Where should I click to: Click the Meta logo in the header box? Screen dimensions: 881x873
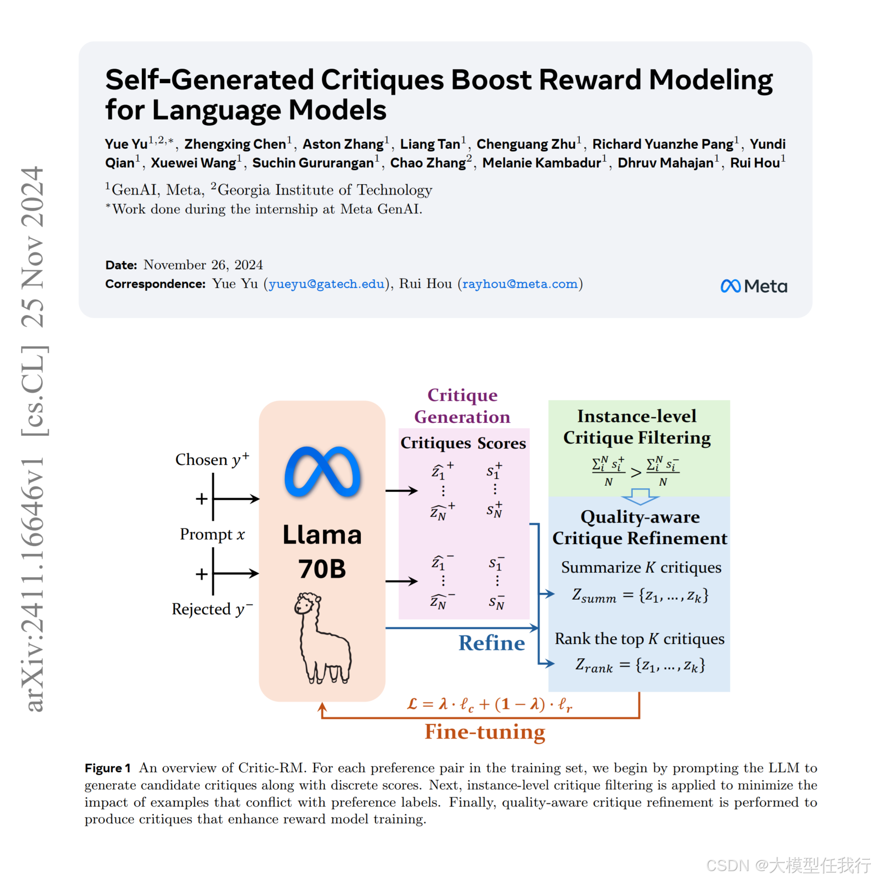tap(753, 286)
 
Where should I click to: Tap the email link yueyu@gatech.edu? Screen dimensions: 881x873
tap(327, 284)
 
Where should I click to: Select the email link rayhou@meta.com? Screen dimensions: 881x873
tap(520, 284)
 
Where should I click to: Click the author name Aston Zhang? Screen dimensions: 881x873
tap(343, 144)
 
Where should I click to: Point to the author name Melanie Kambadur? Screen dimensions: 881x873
tap(541, 163)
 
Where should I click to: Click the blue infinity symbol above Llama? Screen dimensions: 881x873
tap(322, 471)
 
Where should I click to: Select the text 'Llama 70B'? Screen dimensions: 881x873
tap(322, 551)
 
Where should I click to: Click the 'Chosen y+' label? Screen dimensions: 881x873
tap(212, 460)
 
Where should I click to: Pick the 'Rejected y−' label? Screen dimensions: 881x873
tap(212, 609)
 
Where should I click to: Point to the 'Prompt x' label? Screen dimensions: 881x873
tap(212, 535)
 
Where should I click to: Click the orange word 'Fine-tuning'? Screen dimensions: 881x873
tap(485, 732)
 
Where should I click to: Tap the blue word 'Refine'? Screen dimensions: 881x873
tap(491, 643)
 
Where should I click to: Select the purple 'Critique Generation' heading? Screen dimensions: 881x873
tap(462, 406)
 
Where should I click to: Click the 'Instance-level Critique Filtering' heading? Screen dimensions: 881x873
tap(637, 427)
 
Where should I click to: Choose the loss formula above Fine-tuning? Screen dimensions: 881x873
tap(489, 705)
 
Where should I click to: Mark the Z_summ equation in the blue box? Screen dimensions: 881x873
tap(640, 595)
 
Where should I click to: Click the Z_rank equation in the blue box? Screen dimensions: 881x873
tap(640, 666)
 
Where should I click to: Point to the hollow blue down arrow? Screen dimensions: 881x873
tap(640, 496)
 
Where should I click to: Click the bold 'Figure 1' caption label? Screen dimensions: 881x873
tap(108, 768)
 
